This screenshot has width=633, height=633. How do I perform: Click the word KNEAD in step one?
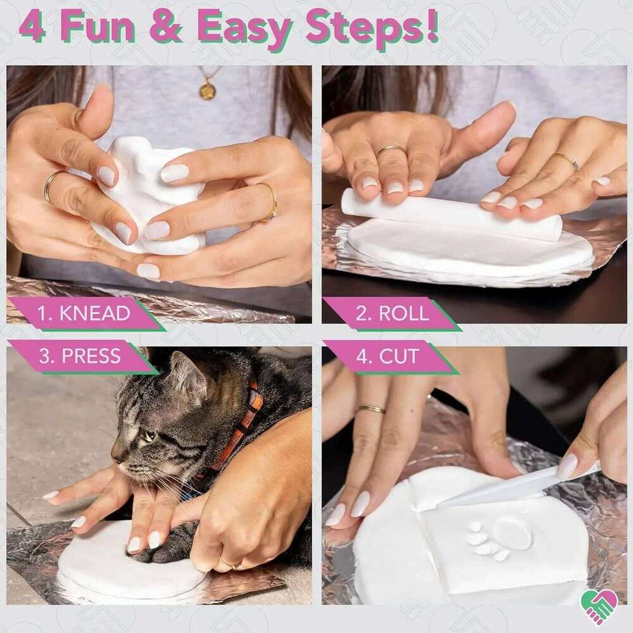pyautogui.click(x=95, y=313)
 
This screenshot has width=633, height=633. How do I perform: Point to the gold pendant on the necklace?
pyautogui.click(x=207, y=91)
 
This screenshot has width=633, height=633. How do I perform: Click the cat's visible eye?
pyautogui.click(x=149, y=436)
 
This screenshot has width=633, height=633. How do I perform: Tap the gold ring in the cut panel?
pyautogui.click(x=371, y=410)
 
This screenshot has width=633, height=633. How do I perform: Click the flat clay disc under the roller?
pyautogui.click(x=468, y=250)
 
